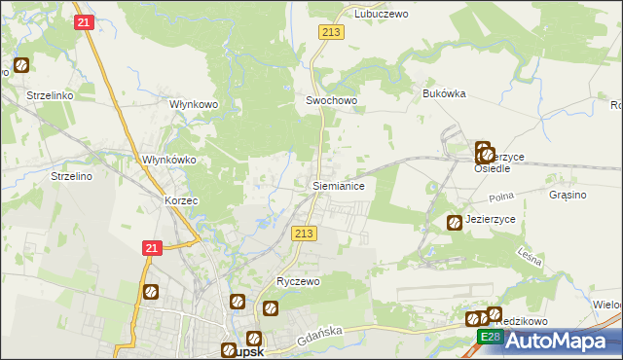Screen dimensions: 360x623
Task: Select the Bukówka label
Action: [x=445, y=93]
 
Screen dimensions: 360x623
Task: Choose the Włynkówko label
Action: [x=169, y=160]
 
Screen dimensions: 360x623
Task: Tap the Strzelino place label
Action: [x=71, y=176]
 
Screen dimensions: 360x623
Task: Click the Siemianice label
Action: [x=338, y=184]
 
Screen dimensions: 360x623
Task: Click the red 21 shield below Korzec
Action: [x=151, y=249]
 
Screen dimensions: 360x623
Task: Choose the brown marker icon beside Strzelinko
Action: [x=20, y=67]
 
